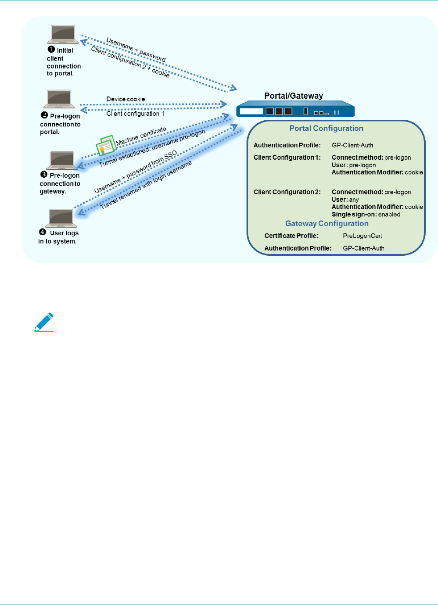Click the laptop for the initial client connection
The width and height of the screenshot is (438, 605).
point(63,34)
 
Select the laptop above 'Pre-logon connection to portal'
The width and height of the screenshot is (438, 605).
point(59,99)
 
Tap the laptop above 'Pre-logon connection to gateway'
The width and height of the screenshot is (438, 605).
point(62,161)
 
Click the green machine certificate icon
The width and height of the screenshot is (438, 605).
point(105,145)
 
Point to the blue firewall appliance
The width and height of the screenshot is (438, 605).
point(295,109)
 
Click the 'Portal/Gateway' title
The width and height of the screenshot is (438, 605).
point(294,96)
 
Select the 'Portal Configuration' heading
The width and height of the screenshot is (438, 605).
point(326,128)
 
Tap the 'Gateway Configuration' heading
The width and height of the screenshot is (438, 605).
point(327,223)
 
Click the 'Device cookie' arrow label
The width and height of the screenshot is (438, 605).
point(126,99)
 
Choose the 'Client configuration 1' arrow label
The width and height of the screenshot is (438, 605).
point(135,114)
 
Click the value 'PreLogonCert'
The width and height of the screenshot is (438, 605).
point(363,236)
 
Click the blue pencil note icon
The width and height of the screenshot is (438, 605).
point(44,322)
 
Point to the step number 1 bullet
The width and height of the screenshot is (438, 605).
point(51,50)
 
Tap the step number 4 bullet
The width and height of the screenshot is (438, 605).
point(43,232)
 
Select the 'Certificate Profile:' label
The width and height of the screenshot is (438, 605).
point(291,236)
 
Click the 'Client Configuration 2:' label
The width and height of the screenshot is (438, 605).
point(287,192)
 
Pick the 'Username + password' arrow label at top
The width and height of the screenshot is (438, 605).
point(136,50)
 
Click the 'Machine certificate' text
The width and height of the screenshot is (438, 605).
point(141,136)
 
